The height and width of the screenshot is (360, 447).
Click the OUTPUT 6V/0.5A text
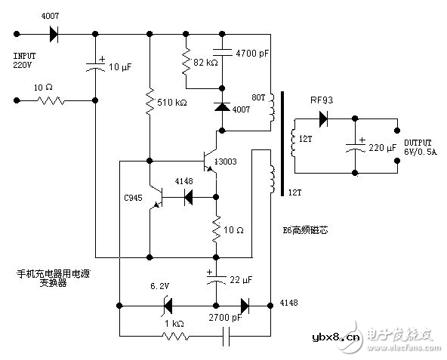coord(419,146)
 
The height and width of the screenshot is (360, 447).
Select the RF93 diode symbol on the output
coord(323,118)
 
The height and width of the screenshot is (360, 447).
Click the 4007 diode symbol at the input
coord(54,34)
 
